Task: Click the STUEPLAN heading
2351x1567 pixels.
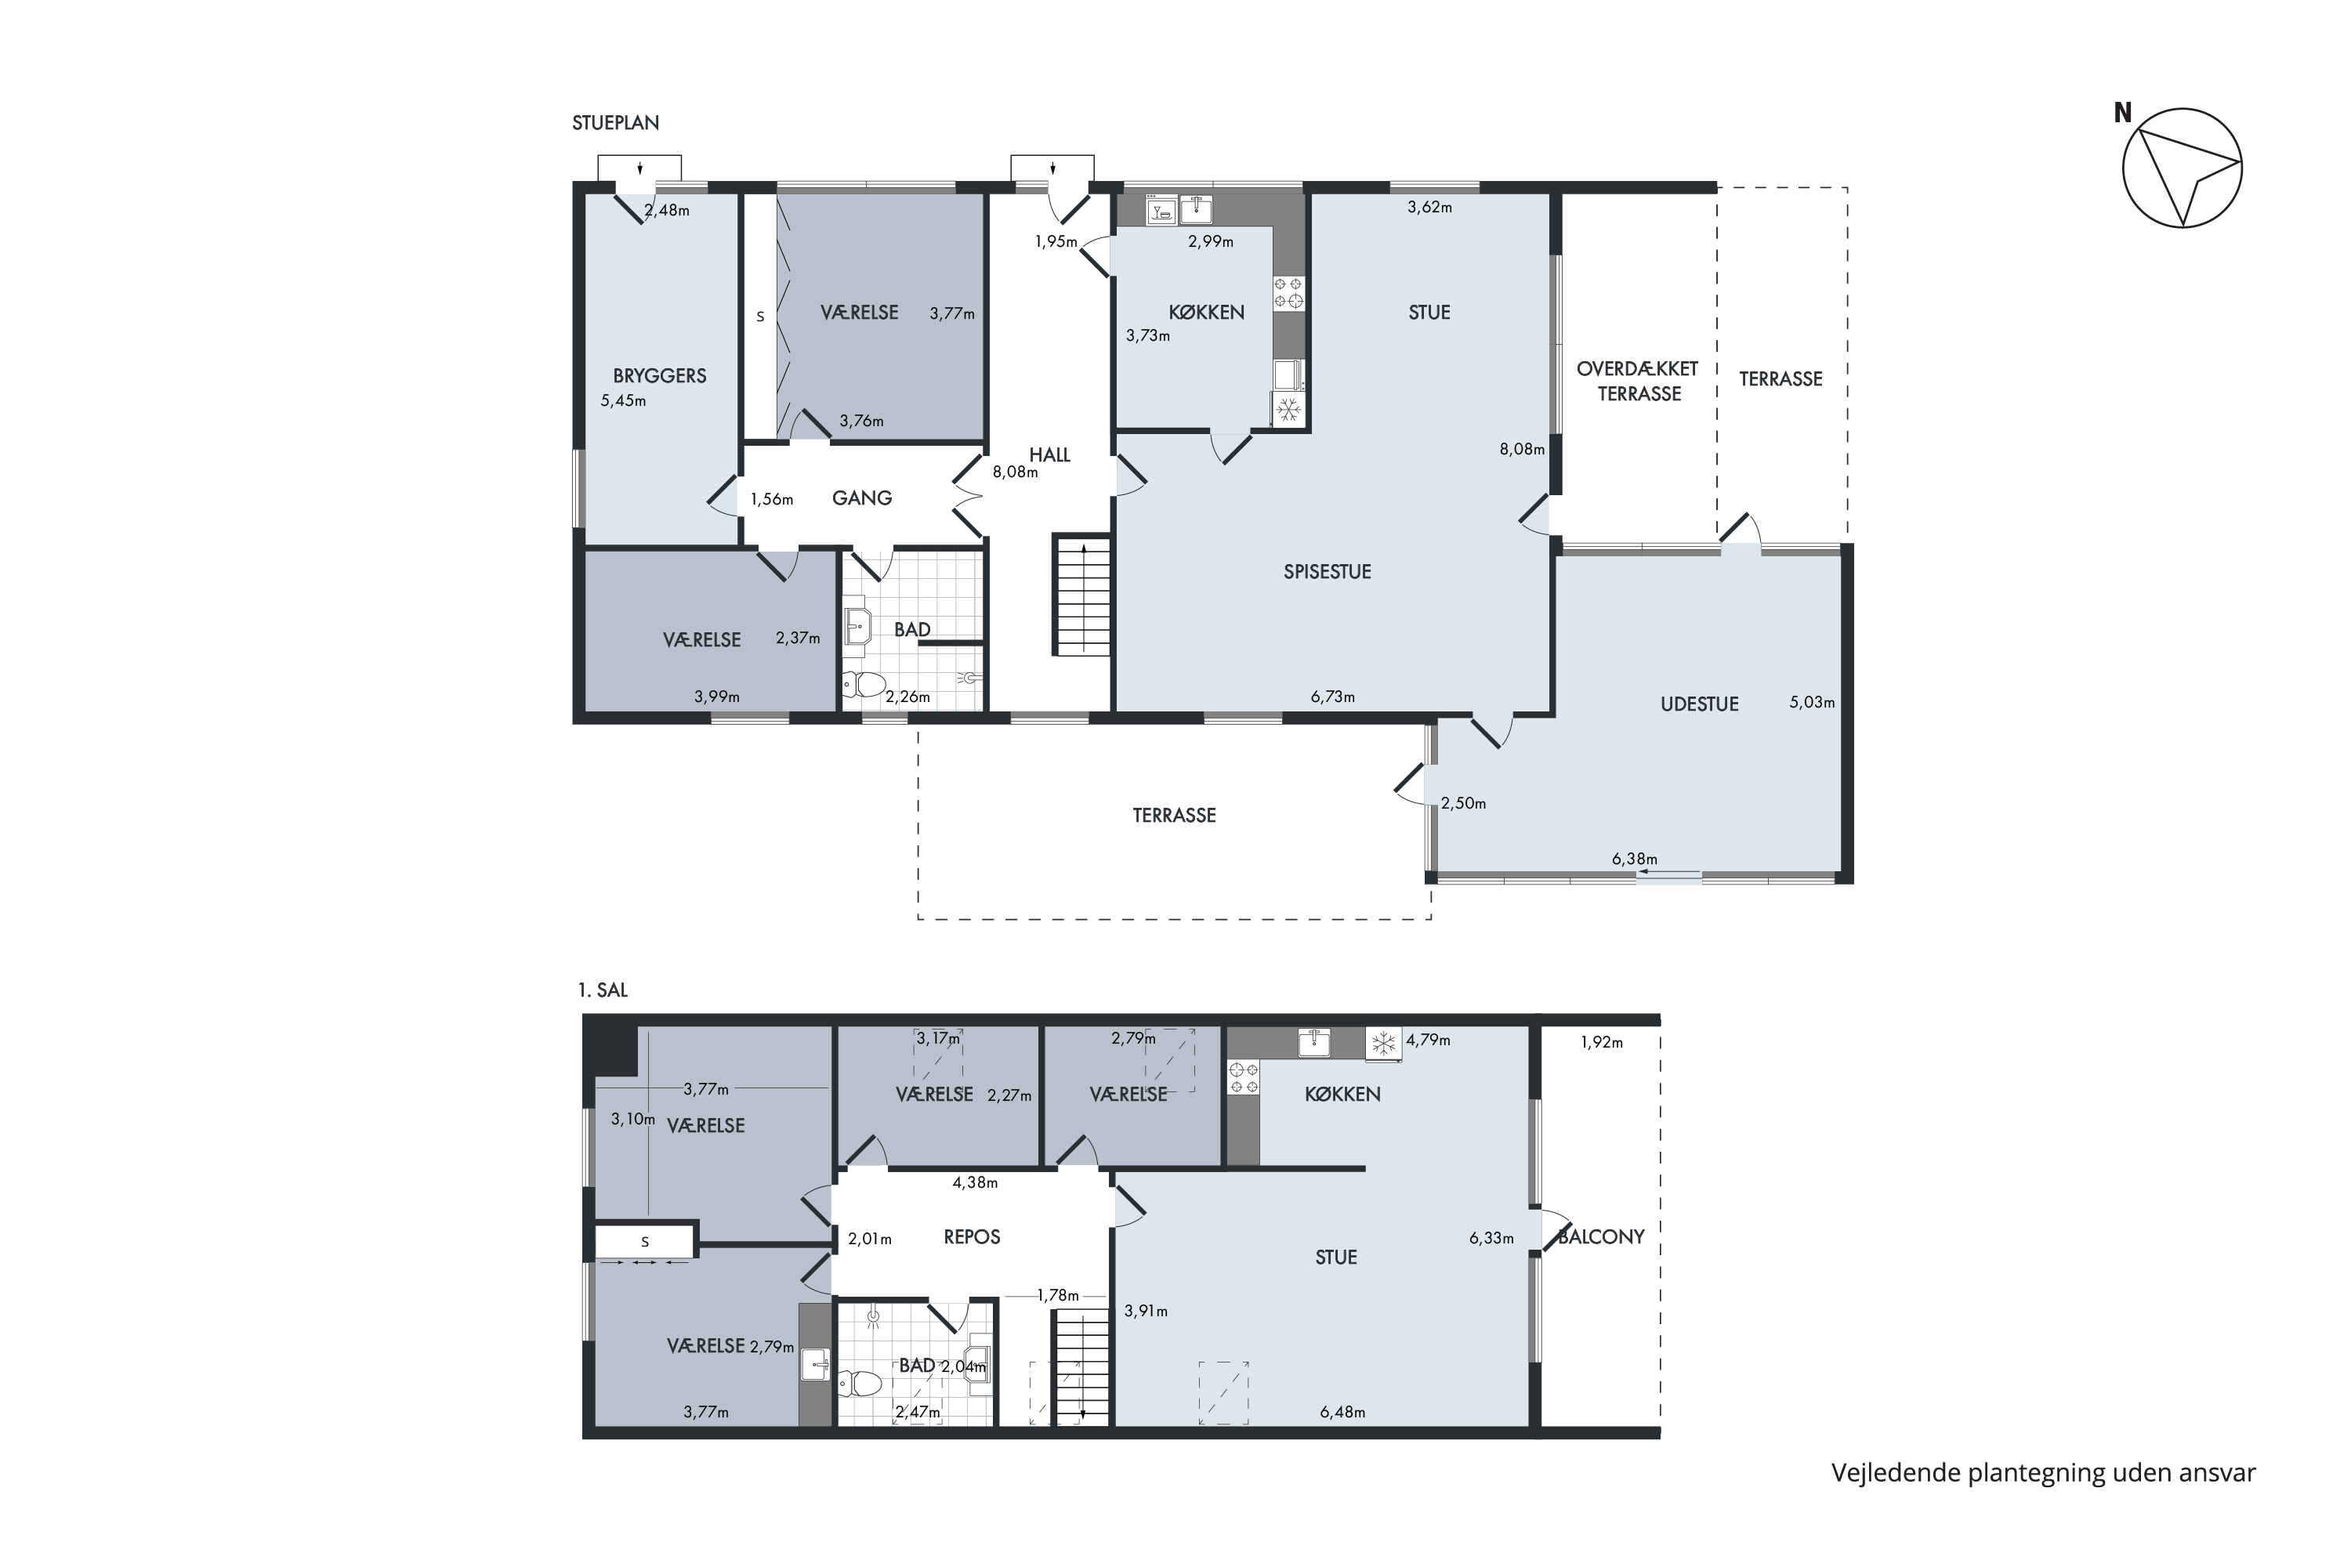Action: click(x=616, y=123)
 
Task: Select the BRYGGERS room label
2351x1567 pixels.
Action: click(x=660, y=376)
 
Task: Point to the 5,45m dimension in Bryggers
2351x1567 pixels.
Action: click(x=623, y=400)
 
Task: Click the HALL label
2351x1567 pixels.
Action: click(x=1049, y=454)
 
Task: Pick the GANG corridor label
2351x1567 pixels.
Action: click(x=861, y=498)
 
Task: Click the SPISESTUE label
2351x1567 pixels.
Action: click(x=1328, y=572)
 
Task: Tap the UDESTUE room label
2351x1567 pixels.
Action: click(x=1699, y=704)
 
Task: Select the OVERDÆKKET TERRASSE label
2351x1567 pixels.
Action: click(x=1637, y=381)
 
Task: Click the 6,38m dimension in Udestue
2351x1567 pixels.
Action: click(x=1634, y=859)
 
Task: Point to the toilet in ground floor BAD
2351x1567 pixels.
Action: click(x=864, y=685)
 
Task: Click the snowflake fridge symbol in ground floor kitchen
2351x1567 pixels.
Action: click(x=1288, y=409)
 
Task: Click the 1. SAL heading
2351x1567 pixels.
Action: click(x=603, y=990)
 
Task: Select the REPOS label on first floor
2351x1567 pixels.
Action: click(x=972, y=1236)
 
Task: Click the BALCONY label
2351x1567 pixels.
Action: click(x=1601, y=1236)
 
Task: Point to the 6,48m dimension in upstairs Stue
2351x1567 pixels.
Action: click(x=1342, y=1412)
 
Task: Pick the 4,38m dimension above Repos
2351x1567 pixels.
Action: click(x=975, y=1182)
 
